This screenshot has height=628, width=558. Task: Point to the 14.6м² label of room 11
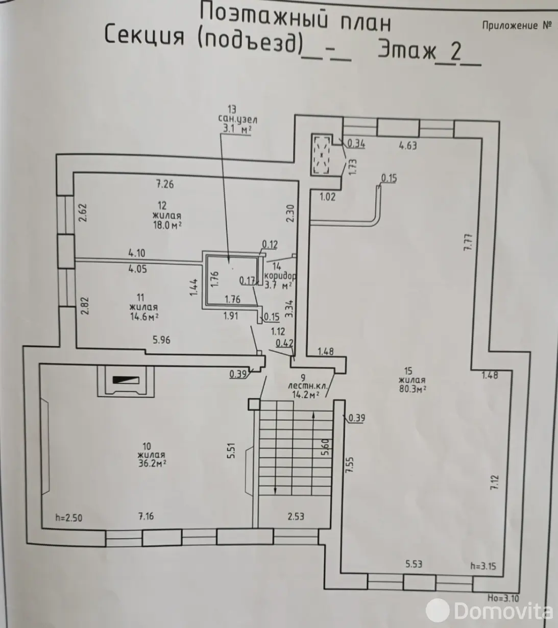click(144, 317)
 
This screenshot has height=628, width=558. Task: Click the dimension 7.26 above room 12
click(165, 184)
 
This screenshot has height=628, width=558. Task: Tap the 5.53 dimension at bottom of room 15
click(414, 564)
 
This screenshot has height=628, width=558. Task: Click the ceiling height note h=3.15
click(483, 566)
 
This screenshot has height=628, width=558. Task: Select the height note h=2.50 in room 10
click(68, 518)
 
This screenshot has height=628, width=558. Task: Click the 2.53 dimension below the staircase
click(296, 516)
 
